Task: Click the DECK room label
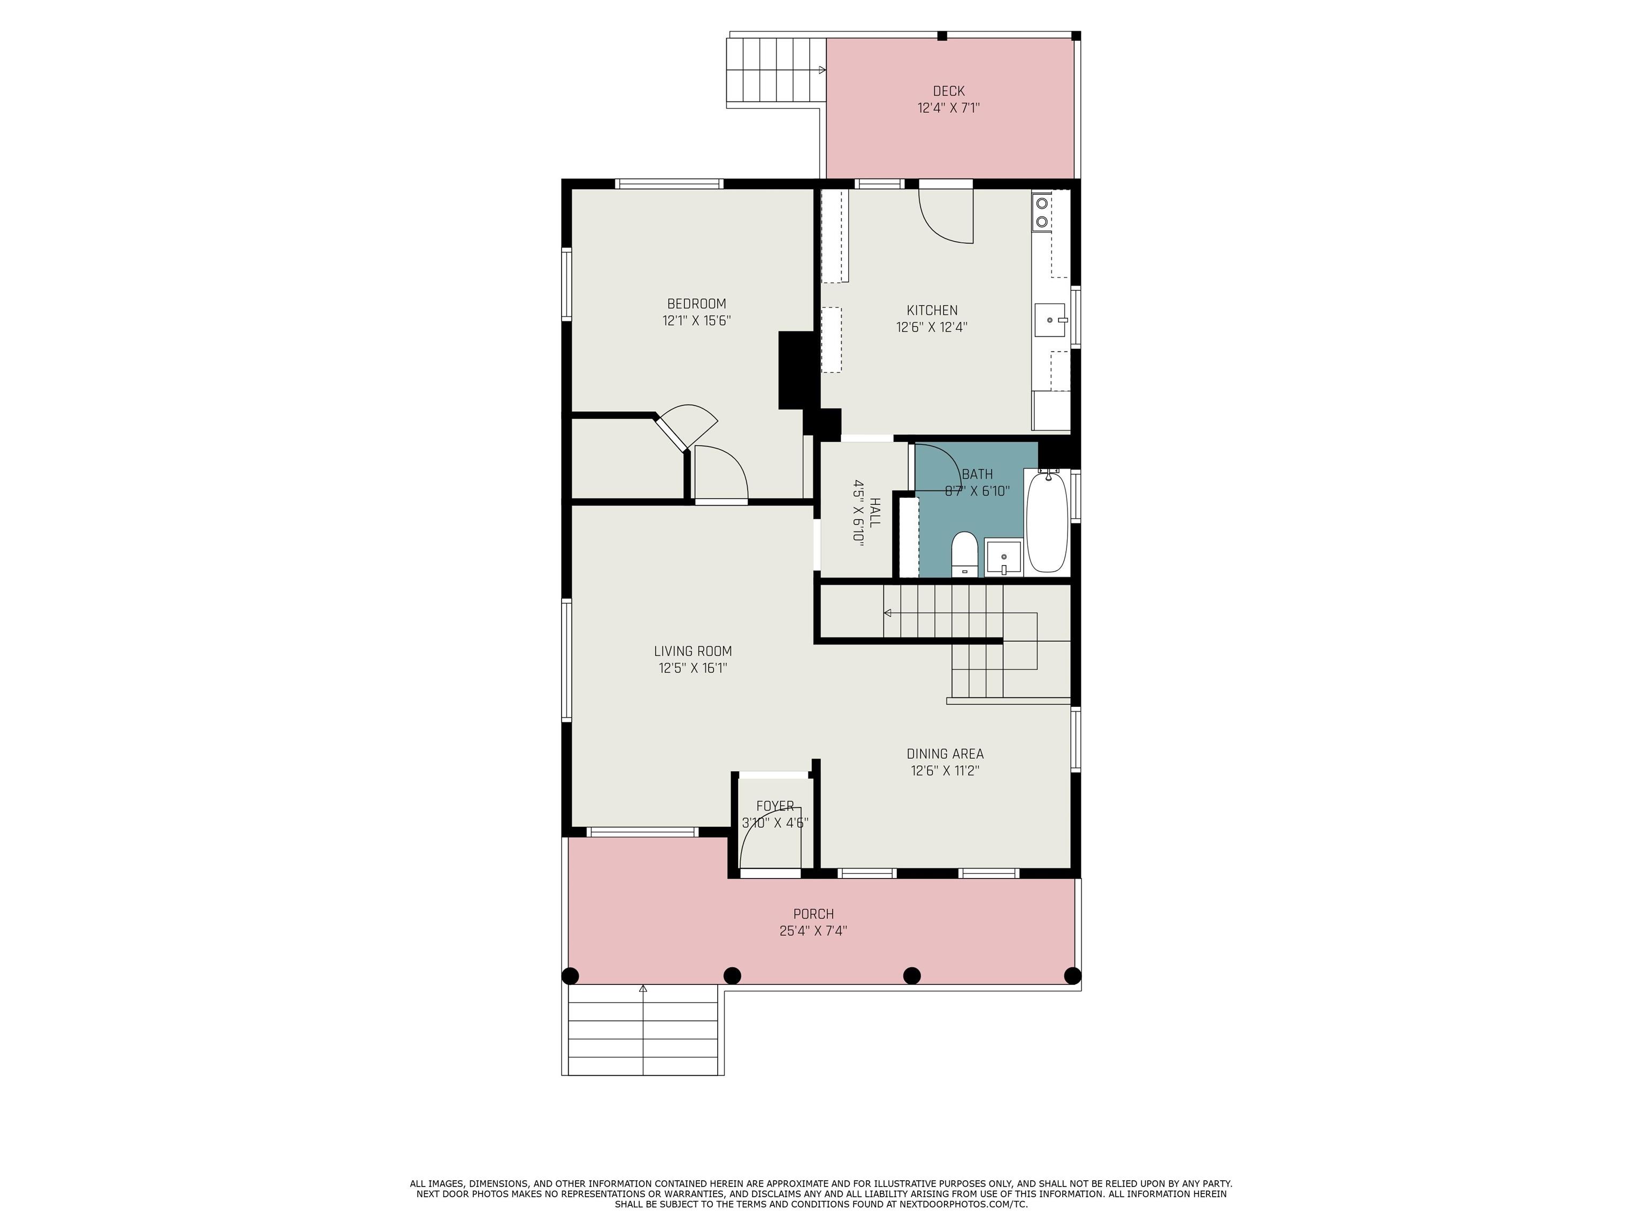[x=948, y=91]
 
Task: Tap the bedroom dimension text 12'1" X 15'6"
[x=697, y=321]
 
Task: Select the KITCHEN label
[x=932, y=311]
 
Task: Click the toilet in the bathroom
[x=964, y=553]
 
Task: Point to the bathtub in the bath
[x=1047, y=522]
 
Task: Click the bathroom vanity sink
[x=1003, y=558]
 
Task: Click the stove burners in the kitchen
[x=1042, y=212]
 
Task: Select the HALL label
[x=875, y=512]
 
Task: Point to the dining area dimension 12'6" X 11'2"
[x=945, y=771]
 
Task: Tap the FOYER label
[x=775, y=806]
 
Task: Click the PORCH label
[x=813, y=914]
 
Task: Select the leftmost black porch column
[x=570, y=976]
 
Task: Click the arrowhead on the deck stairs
[x=822, y=70]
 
